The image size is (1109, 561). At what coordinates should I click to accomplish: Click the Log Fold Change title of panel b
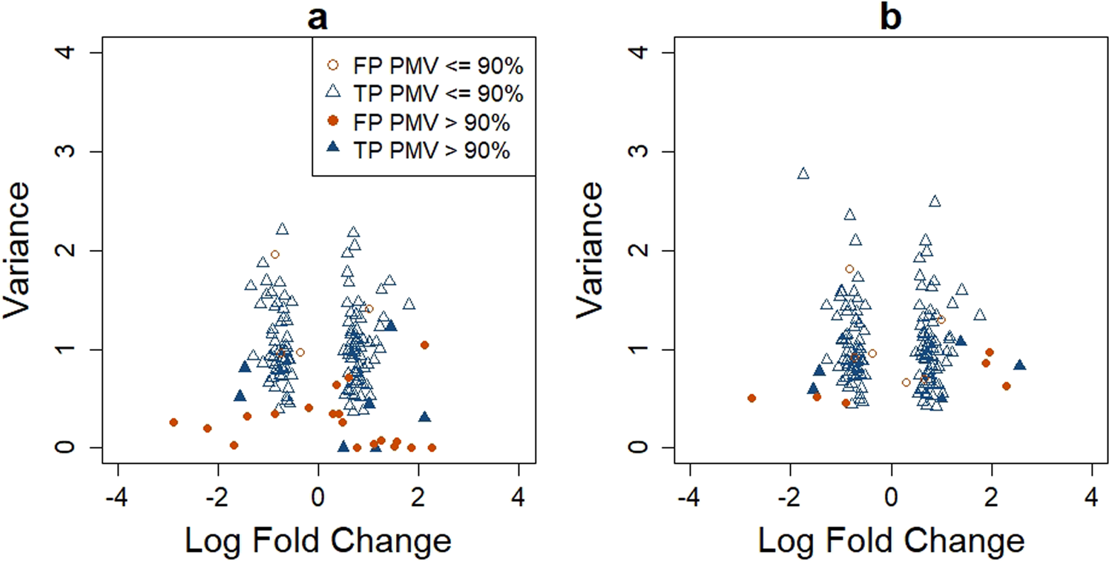point(891,539)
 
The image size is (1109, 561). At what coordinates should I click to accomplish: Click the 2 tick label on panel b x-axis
point(991,494)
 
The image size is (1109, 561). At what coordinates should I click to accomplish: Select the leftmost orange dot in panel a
point(174,422)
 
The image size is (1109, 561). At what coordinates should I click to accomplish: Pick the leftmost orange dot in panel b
point(751,398)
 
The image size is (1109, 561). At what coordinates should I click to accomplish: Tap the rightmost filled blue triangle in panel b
point(1019,365)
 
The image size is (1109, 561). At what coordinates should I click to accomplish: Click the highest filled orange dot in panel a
point(424,345)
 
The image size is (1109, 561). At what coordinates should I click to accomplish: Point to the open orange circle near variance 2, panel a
point(274,255)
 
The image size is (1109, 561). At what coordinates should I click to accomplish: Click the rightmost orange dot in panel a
point(432,447)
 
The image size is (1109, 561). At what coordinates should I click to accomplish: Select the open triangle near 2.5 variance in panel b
point(935,201)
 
